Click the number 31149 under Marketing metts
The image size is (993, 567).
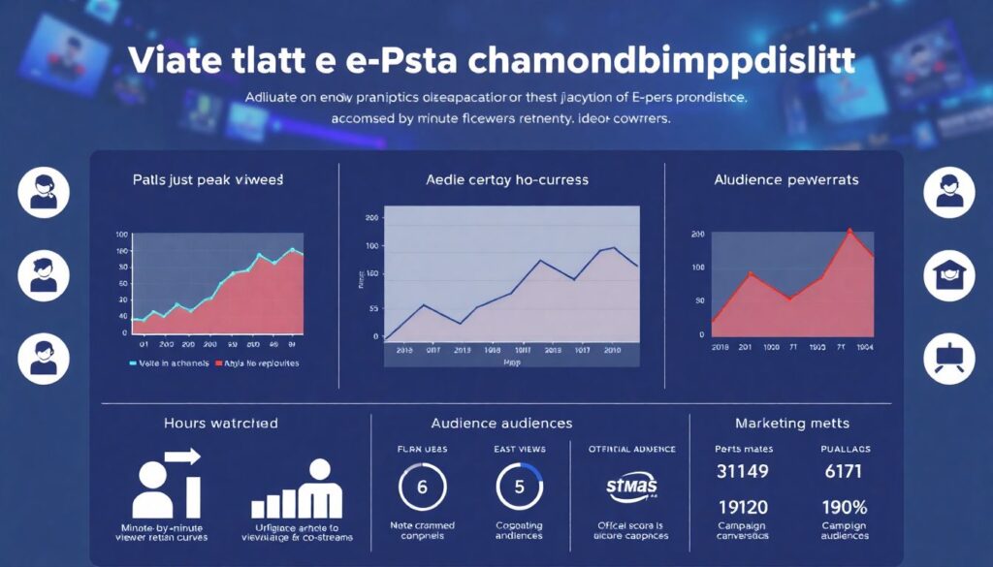(742, 472)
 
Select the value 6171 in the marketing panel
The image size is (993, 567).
(845, 472)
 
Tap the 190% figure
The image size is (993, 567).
(845, 507)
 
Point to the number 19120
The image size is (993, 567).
(742, 507)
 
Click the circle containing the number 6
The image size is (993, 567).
(422, 487)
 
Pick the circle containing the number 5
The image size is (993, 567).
(519, 487)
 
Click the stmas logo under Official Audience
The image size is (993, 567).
(631, 485)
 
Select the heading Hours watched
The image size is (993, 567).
(221, 424)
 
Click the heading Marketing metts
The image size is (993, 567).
(793, 424)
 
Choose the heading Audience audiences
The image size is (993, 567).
(501, 424)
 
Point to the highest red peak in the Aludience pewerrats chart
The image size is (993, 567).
(850, 231)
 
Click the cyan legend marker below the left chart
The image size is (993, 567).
(133, 364)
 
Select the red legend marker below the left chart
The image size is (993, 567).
(218, 364)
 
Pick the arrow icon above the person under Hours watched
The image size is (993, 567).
(181, 456)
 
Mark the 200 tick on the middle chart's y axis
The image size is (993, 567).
(370, 217)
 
